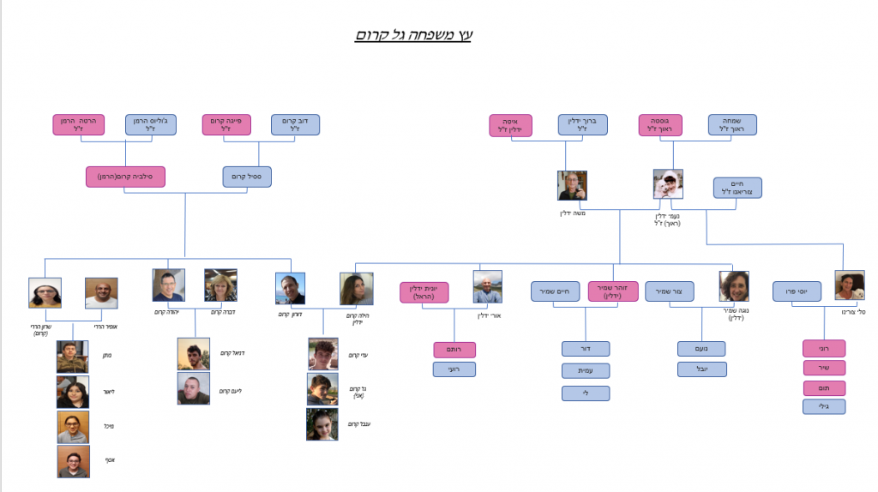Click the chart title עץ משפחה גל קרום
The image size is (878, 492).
(x=414, y=35)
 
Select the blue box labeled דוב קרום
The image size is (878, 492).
(x=295, y=125)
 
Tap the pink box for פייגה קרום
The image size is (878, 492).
(x=226, y=125)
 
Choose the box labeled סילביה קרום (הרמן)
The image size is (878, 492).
(x=125, y=177)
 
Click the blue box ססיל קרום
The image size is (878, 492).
(x=247, y=177)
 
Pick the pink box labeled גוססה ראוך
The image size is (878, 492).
(x=660, y=125)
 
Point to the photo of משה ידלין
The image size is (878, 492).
(x=572, y=186)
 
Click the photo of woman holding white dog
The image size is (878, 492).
(x=668, y=183)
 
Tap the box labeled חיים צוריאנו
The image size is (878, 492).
(x=737, y=188)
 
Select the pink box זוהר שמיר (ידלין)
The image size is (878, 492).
(x=613, y=291)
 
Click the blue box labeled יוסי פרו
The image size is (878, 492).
(x=797, y=291)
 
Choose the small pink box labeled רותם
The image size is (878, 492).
(x=454, y=350)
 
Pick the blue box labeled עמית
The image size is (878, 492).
(x=586, y=371)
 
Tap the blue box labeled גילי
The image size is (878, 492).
(x=824, y=406)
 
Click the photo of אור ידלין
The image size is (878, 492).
(x=488, y=287)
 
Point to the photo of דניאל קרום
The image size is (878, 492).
(x=193, y=353)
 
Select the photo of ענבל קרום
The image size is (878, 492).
(x=322, y=423)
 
